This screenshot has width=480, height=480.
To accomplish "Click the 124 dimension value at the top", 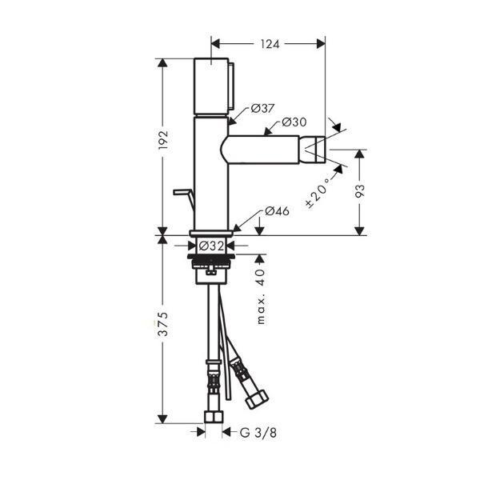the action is click(x=270, y=44).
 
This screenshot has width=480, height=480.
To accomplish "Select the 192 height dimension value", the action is click(x=163, y=140).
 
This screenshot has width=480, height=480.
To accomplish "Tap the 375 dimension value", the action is click(x=163, y=324).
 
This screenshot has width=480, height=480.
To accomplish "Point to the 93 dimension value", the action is click(x=360, y=192).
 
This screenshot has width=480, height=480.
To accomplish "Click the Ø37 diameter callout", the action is click(x=262, y=108).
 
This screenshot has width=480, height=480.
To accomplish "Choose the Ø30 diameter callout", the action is click(x=294, y=122).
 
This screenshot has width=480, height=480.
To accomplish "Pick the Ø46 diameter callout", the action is click(x=277, y=211).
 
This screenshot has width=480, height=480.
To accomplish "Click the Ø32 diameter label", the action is click(x=212, y=246).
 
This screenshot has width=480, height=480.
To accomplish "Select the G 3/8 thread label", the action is click(x=258, y=433).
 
